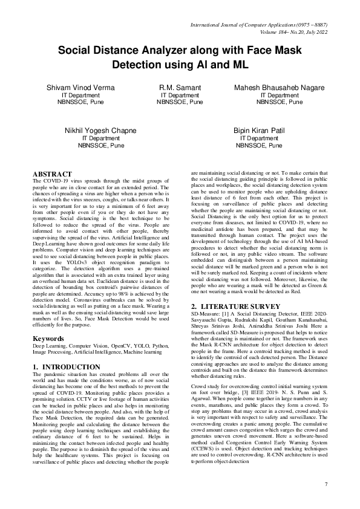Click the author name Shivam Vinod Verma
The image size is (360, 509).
pyautogui.click(x=80, y=88)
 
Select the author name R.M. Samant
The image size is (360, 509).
pyautogui.click(x=180, y=88)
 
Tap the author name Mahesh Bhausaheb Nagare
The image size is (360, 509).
pyautogui.click(x=280, y=88)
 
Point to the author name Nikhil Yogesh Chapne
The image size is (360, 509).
pyautogui.click(x=100, y=131)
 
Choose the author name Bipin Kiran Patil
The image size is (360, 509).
pyautogui.click(x=259, y=131)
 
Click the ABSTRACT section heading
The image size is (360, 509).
pyautogui.click(x=54, y=175)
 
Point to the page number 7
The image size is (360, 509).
pyautogui.click(x=326, y=484)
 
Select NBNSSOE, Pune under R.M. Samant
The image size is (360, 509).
pyautogui.click(x=180, y=103)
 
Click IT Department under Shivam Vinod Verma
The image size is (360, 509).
pyautogui.click(x=80, y=96)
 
